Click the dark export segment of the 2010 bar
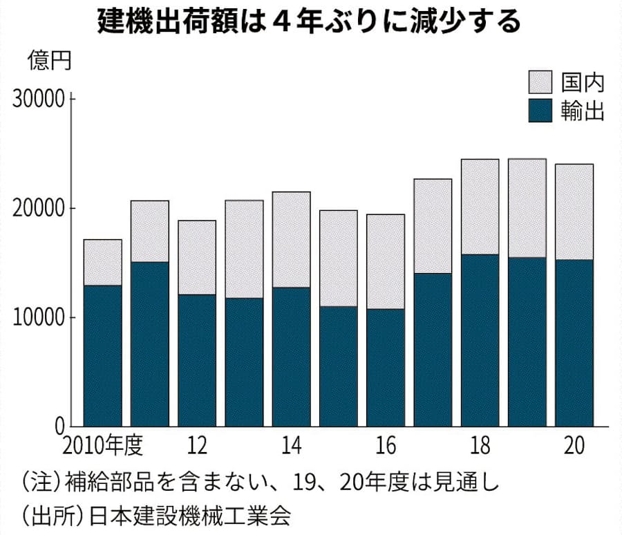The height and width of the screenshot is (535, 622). point(102,355)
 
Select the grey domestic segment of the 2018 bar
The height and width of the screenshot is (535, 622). point(480,207)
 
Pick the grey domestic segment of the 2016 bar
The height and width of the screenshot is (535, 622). point(385,261)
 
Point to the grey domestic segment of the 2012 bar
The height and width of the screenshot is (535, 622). point(197,257)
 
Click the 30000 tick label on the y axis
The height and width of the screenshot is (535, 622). point(39,99)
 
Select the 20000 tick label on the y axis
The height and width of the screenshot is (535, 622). point(39,208)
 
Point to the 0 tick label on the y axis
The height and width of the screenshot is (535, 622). point(59,426)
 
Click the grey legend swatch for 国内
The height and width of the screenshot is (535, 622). point(540,82)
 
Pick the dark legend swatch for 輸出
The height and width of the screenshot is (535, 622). point(540,110)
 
